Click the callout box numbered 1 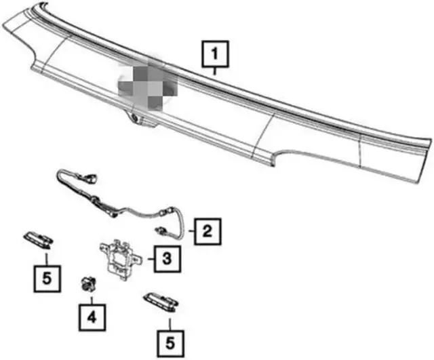215,54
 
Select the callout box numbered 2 208,231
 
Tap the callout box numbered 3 167,259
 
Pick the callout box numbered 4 92,317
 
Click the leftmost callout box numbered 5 47,279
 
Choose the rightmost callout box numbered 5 170,344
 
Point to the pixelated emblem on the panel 148,84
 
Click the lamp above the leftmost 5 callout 39,239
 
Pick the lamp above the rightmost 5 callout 161,302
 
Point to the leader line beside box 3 151,259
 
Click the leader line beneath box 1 215,71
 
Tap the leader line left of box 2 191,231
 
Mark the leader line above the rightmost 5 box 170,324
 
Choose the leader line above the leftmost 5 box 47,259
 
